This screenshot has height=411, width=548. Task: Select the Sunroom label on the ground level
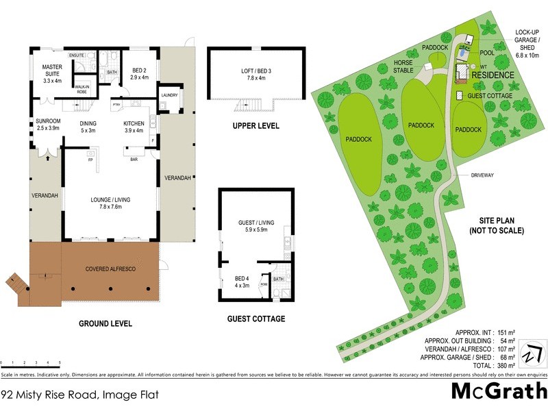coord(49,125)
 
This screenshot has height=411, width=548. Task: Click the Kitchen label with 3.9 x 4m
coord(133,127)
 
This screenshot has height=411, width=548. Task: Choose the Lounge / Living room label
coord(110,203)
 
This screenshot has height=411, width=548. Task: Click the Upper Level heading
coord(254,126)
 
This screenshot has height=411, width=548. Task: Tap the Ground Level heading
coord(105,323)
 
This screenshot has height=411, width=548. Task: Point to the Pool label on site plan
coord(487,53)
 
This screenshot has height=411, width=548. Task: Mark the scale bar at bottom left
coord(31,363)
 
